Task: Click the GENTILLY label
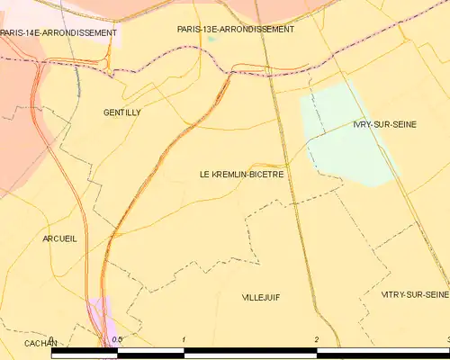pyautogui.click(x=122, y=112)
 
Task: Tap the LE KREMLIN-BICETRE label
pyautogui.click(x=242, y=174)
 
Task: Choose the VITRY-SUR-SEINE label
pyautogui.click(x=414, y=294)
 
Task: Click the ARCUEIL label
pyautogui.click(x=59, y=238)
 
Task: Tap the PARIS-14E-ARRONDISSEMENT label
pyautogui.click(x=58, y=33)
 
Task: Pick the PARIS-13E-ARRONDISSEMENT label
pyautogui.click(x=236, y=29)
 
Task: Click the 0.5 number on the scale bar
pyautogui.click(x=116, y=339)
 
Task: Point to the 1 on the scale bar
pyautogui.click(x=184, y=339)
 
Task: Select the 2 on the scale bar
pyautogui.click(x=317, y=339)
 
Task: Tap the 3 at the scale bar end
pyautogui.click(x=447, y=339)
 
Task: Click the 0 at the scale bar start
pyautogui.click(x=52, y=339)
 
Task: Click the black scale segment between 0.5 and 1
pyautogui.click(x=150, y=354)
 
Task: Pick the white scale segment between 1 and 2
pyautogui.click(x=250, y=354)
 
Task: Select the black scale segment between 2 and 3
pyautogui.click(x=382, y=354)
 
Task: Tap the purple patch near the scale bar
pyautogui.click(x=99, y=310)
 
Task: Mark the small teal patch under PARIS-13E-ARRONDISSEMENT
pyautogui.click(x=211, y=39)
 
